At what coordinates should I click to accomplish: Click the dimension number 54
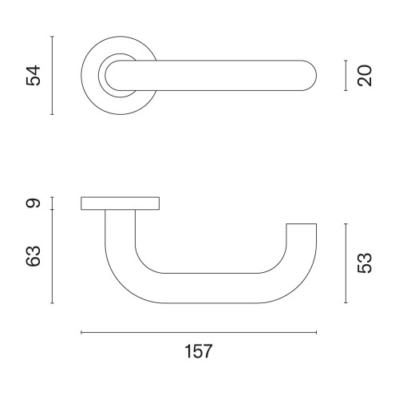pyautogui.click(x=33, y=76)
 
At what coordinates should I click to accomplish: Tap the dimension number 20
pyautogui.click(x=366, y=76)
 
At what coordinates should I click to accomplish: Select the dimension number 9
pyautogui.click(x=33, y=203)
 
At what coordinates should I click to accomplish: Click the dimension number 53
pyautogui.click(x=366, y=263)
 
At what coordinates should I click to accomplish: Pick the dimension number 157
pyautogui.click(x=199, y=352)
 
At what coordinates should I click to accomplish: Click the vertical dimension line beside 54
pyautogui.click(x=52, y=76)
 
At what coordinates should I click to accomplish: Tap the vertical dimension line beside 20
pyautogui.click(x=346, y=76)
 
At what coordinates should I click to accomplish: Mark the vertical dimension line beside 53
pyautogui.click(x=346, y=263)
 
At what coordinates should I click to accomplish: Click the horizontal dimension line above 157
pyautogui.click(x=199, y=332)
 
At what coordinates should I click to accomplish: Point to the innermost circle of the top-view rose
pyautogui.click(x=113, y=76)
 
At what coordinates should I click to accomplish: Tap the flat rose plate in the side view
pyautogui.click(x=120, y=204)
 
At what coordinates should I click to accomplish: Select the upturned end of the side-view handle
pyautogui.click(x=302, y=239)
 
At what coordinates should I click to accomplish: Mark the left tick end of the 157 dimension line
pyautogui.click(x=81, y=332)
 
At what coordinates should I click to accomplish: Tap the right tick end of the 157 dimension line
pyautogui.click(x=317, y=332)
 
